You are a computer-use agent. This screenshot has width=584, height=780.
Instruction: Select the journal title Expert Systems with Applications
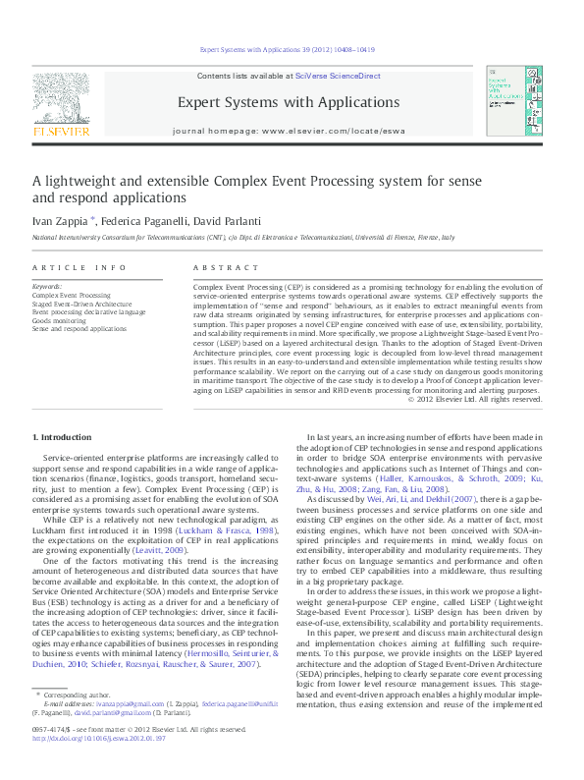click(288, 102)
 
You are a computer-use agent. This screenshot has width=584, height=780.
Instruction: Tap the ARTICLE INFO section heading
click(79, 267)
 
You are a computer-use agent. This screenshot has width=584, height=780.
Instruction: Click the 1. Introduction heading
click(64, 436)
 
